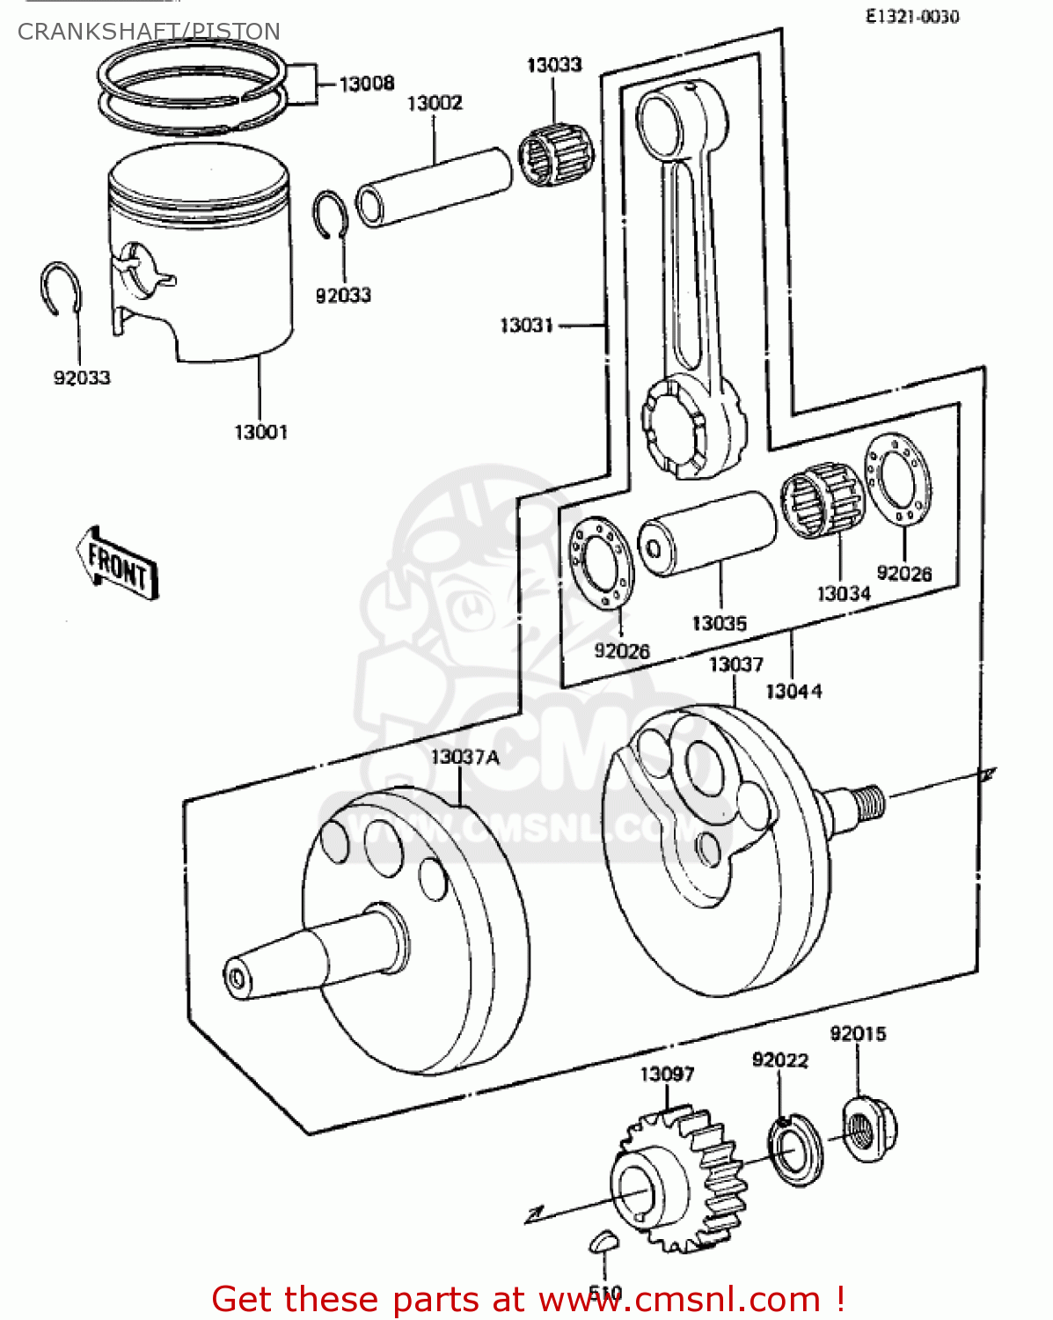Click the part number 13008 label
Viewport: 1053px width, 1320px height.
tap(366, 84)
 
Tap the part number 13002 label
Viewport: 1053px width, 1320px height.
tap(435, 104)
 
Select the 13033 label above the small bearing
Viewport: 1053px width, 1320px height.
tap(554, 65)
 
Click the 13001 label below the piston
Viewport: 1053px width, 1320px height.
tap(260, 432)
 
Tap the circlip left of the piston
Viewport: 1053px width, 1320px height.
tap(62, 288)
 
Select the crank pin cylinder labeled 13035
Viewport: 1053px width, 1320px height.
tap(707, 533)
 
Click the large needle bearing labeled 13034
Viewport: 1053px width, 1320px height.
tap(823, 500)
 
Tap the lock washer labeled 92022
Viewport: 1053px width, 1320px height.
tap(795, 1149)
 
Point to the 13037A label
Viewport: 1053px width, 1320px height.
tap(465, 757)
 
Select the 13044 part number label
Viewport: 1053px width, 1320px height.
tap(793, 692)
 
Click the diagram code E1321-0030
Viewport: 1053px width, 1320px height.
tap(911, 17)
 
